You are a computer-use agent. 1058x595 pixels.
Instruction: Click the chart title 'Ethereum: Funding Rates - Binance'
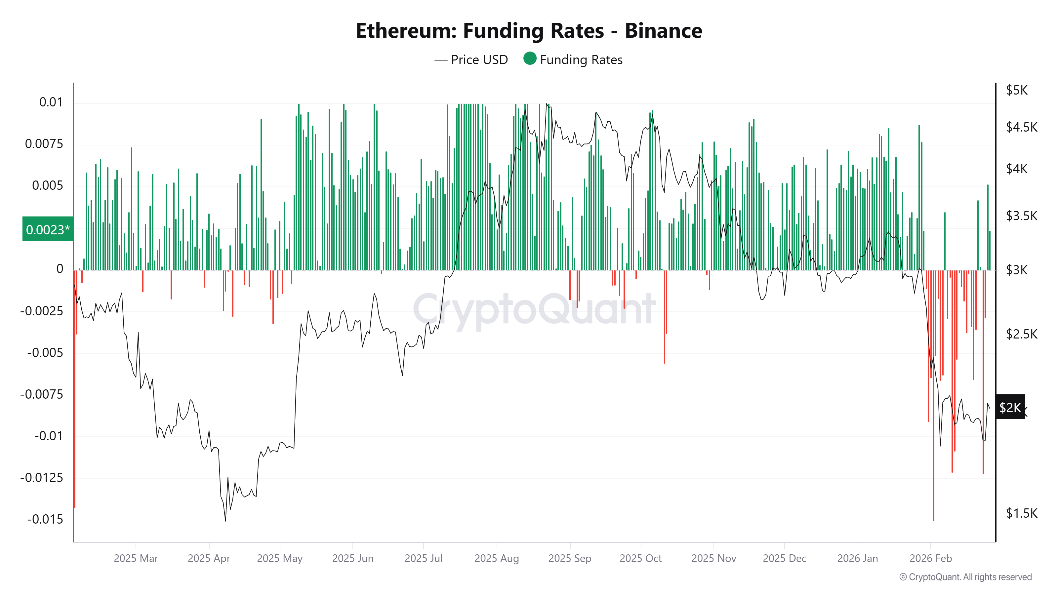tap(529, 31)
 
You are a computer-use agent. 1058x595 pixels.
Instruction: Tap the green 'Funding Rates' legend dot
tap(530, 59)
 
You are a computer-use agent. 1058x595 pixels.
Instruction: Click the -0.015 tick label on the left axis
tap(45, 519)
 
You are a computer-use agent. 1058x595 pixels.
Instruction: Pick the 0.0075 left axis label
tap(44, 144)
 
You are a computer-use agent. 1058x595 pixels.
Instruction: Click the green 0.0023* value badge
tap(48, 229)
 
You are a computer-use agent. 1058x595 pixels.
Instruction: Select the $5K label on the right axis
tap(1017, 90)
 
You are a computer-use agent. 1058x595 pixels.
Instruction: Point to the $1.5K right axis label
tap(1021, 513)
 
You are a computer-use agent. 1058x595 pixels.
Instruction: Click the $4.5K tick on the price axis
tap(1021, 127)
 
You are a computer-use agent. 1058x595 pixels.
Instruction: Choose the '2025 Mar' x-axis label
tap(136, 558)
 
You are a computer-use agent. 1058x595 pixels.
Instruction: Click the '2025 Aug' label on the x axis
tap(497, 558)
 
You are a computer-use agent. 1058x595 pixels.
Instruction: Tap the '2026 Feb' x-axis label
tap(930, 558)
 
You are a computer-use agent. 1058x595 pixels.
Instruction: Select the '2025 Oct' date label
tap(640, 558)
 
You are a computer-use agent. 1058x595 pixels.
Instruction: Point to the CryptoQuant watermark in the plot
tap(534, 310)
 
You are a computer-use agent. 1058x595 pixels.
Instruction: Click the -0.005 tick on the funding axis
tap(45, 353)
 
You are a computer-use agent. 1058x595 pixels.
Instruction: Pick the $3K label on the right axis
tap(1017, 270)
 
